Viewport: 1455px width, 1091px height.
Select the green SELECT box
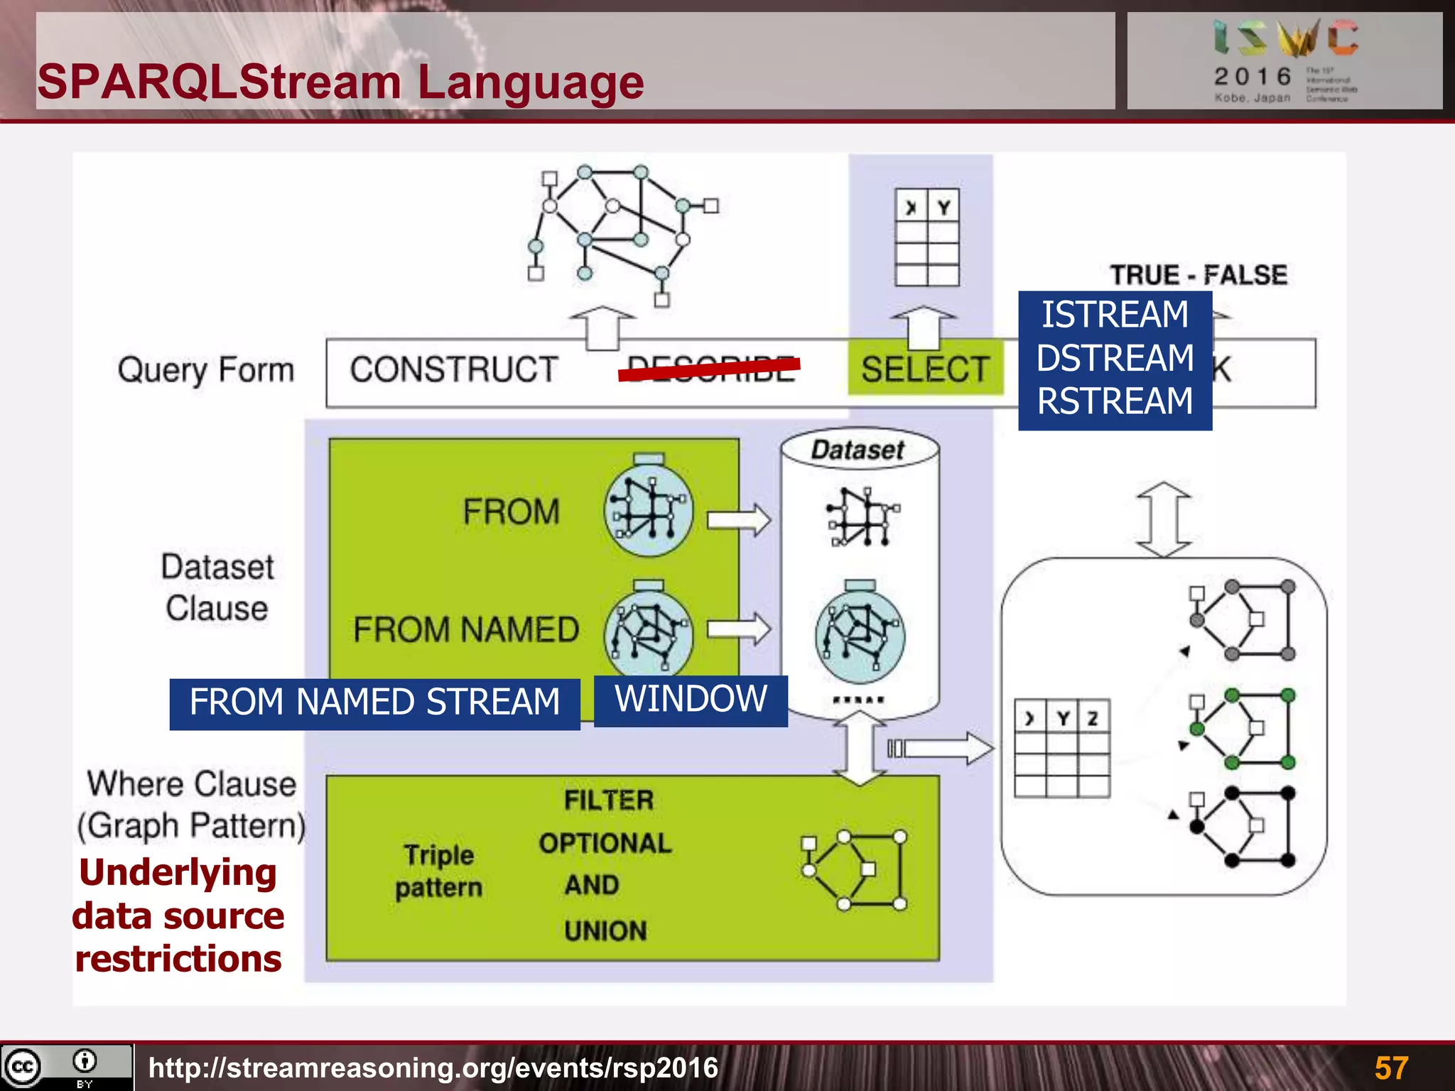[x=925, y=369]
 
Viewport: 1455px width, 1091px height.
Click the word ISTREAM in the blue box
[x=1115, y=315]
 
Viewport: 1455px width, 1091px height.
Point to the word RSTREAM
[x=1115, y=401]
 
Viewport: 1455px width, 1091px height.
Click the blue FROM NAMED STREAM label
[x=374, y=702]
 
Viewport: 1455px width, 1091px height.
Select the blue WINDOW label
[x=691, y=700]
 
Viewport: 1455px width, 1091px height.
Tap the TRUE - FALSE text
[x=1199, y=275]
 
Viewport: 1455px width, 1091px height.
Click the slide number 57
[x=1391, y=1068]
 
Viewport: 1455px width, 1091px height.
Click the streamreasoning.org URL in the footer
[x=433, y=1068]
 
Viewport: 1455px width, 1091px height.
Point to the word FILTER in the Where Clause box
[x=609, y=800]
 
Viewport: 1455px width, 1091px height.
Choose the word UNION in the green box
[x=605, y=931]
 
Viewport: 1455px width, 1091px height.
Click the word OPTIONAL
[x=605, y=843]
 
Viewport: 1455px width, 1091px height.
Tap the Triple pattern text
[x=438, y=872]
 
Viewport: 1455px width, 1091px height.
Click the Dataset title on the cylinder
[x=858, y=450]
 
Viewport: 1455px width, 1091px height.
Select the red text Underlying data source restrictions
[x=178, y=916]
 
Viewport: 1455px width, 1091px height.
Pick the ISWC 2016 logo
[x=1284, y=60]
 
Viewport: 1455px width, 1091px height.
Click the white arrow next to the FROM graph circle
[x=739, y=520]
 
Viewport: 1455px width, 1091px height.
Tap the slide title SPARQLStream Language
[x=340, y=82]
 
